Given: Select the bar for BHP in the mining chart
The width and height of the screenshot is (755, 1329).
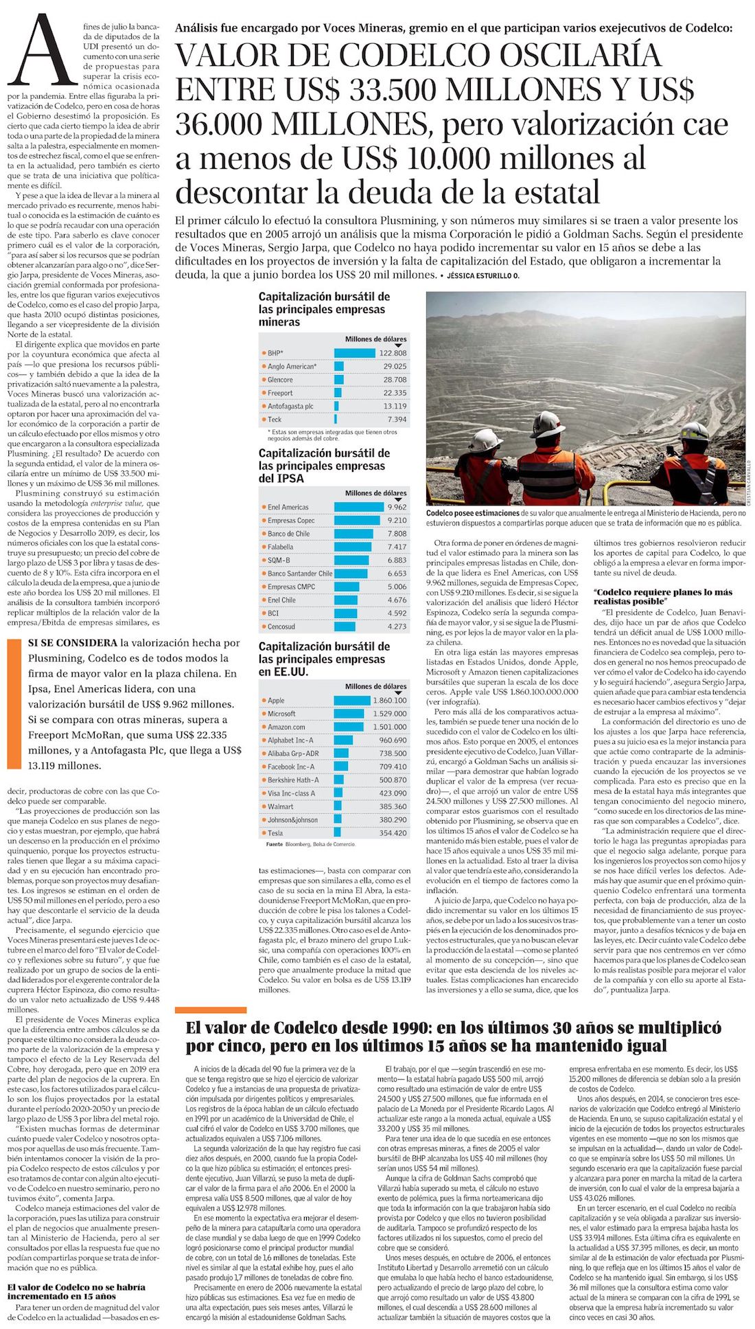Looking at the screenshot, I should [354, 353].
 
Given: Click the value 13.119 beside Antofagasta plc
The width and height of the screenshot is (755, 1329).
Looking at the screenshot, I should [395, 406].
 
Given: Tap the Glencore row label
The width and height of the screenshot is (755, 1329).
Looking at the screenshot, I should [280, 380].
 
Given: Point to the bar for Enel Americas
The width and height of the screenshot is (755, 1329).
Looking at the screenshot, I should [358, 507].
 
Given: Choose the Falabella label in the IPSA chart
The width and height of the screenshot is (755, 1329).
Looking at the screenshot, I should [280, 547].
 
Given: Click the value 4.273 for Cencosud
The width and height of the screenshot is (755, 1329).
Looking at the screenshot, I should [397, 626].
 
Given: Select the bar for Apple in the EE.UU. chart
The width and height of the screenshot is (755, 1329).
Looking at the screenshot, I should [351, 700].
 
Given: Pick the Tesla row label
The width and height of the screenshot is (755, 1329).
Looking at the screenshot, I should [275, 833].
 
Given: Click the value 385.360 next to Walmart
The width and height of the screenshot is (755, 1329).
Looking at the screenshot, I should [393, 806].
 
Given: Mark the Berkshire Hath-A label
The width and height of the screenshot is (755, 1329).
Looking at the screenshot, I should [293, 780].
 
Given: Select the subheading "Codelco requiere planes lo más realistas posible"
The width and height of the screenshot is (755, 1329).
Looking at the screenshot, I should [662, 596].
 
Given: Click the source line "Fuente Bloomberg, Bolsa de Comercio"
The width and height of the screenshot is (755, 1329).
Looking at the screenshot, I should [310, 844].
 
